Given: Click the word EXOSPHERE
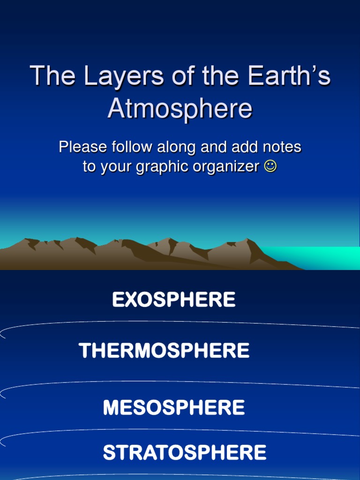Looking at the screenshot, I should (173, 300).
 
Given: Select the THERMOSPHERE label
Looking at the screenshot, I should (164, 351).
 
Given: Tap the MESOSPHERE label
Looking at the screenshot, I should (173, 407).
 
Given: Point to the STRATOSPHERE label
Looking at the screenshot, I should (184, 453).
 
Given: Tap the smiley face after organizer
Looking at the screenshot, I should (270, 166).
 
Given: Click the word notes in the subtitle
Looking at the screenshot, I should (282, 147).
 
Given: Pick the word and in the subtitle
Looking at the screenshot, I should (211, 147).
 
